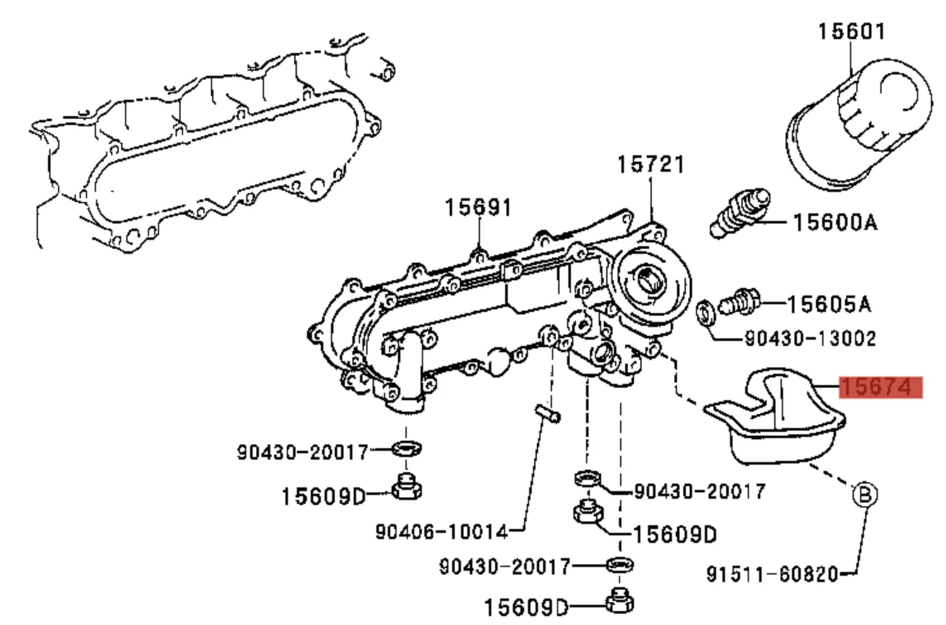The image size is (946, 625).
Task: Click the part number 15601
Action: (x=851, y=31)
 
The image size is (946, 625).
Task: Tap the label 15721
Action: (x=650, y=165)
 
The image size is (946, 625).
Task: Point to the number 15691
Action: (x=477, y=207)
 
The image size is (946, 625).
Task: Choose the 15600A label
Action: (x=834, y=222)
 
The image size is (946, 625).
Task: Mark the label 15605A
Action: (x=829, y=305)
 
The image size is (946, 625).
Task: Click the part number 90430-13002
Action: (x=810, y=339)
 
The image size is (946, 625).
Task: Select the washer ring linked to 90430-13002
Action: (x=705, y=311)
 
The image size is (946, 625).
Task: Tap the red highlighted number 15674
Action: (x=880, y=387)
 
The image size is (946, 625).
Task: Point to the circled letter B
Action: (x=865, y=494)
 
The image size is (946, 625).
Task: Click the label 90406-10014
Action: (x=441, y=532)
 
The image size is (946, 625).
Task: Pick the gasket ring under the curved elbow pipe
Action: (x=407, y=449)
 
